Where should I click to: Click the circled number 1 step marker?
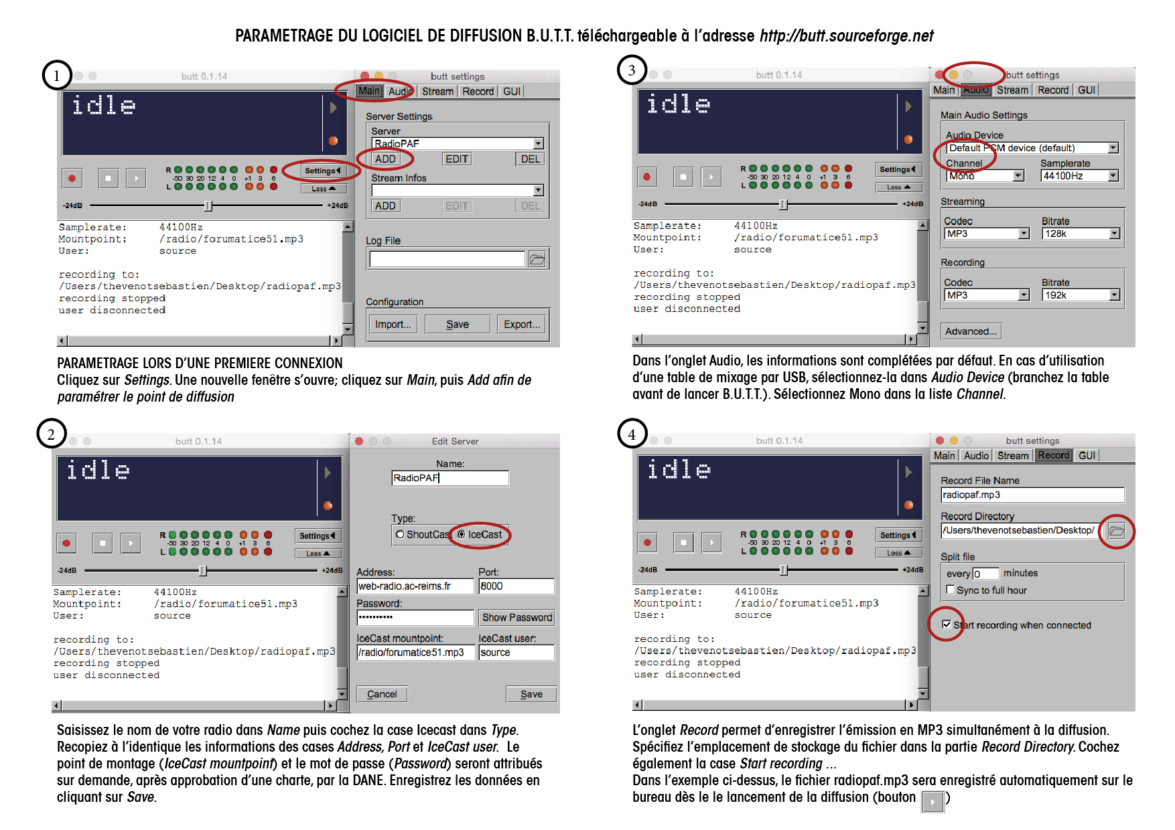pos(57,76)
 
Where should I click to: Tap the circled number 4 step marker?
pos(632,434)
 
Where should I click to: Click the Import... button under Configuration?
pos(393,325)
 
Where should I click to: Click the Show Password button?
pos(517,617)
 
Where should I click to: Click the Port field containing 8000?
pos(516,586)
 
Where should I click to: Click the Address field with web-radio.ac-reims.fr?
pos(415,586)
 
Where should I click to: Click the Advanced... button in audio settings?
pos(971,331)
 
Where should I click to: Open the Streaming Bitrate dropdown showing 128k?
pos(1081,234)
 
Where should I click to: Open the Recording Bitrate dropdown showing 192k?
pos(1081,295)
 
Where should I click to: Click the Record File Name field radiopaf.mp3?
pos(1032,495)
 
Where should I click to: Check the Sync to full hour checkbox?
pos(950,590)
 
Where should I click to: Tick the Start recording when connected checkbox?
pos(947,625)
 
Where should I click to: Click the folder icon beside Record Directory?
pos(1116,531)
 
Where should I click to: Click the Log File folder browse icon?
pos(537,260)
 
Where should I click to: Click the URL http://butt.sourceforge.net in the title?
pos(846,36)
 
